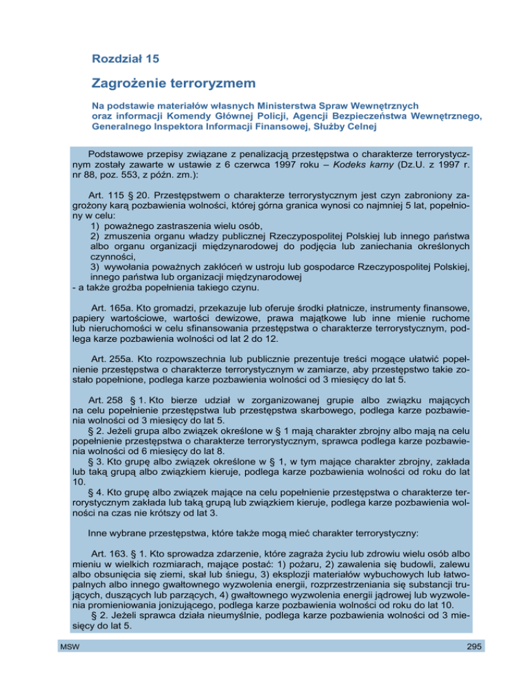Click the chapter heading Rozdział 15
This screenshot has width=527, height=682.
coord(131,59)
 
